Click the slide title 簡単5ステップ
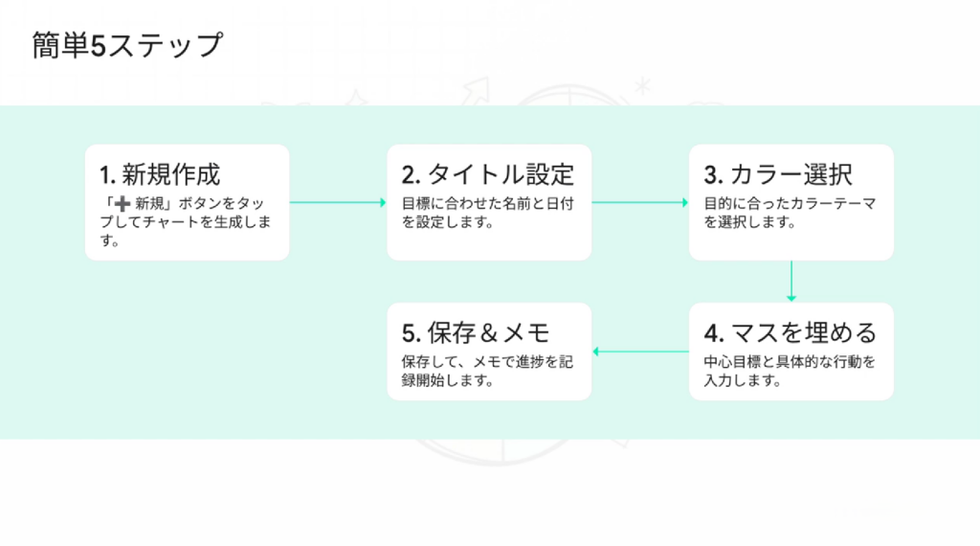[126, 45]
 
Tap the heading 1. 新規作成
[160, 174]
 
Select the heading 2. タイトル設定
[487, 174]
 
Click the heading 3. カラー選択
[778, 174]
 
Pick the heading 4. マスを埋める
[791, 333]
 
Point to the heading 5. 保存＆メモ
[476, 333]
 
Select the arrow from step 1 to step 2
[337, 202]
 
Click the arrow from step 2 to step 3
[639, 202]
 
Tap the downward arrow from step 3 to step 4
[791, 281]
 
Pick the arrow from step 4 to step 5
[640, 352]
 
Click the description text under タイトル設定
[487, 213]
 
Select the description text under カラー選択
[790, 213]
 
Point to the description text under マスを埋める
[790, 372]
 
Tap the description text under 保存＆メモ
[487, 372]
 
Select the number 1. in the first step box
[107, 175]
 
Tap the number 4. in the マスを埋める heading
[714, 334]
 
